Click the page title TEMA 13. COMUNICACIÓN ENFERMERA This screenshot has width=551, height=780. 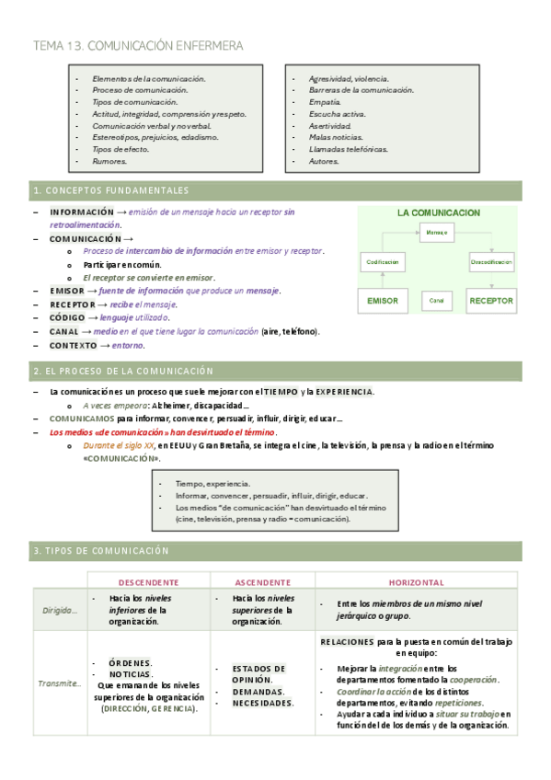138,45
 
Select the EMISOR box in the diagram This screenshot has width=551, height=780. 383,301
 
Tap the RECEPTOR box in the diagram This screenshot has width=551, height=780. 491,301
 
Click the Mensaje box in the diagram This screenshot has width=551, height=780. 437,233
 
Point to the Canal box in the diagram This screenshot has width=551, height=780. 437,301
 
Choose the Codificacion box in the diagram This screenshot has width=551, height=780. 383,262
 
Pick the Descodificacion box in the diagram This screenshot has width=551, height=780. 491,262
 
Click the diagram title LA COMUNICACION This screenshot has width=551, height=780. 438,212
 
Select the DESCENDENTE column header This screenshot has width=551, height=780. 149,582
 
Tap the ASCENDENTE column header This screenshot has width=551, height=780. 263,582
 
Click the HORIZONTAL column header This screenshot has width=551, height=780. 416,582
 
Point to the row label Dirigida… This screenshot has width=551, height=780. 61,609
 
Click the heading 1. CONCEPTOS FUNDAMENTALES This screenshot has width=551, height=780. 110,190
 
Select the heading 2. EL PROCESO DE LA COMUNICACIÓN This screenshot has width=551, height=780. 122,371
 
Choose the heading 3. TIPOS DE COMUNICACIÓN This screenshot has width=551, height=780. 101,550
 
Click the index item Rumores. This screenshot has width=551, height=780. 109,161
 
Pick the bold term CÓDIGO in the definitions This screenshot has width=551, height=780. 68,318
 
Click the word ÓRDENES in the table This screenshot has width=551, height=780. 130,662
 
